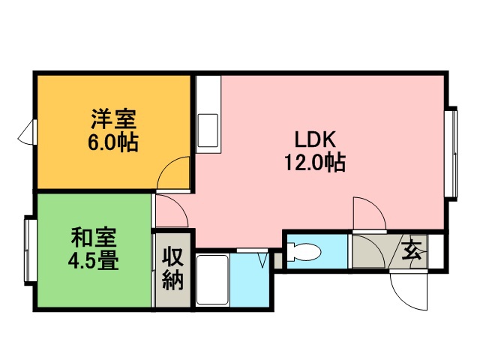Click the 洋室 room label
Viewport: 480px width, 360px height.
pos(113,119)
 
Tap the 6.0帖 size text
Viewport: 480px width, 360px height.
pos(113,142)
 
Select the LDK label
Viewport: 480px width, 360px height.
pos(315,139)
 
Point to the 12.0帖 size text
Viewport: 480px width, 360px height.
pos(315,162)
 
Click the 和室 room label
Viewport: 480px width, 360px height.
pos(93,238)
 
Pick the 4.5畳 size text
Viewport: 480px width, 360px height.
pos(93,260)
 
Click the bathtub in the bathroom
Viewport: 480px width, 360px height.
pos(212,280)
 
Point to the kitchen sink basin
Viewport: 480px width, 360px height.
pos(208,130)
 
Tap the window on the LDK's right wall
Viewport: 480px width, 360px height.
pos(453,154)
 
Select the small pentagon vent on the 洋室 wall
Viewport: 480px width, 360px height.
pos(28,132)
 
